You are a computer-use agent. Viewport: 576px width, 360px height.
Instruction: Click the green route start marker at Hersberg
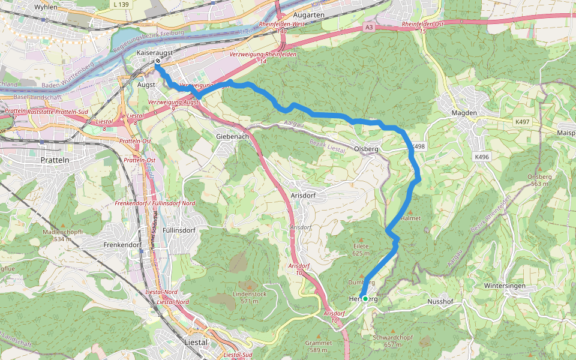click(x=365, y=298)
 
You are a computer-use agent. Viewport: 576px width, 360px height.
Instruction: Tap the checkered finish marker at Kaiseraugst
click(x=158, y=61)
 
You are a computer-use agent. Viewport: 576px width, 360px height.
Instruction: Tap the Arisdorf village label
click(x=302, y=196)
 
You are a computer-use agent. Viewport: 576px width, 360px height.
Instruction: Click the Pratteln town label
click(x=55, y=160)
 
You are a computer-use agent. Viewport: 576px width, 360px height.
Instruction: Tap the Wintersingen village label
click(x=505, y=286)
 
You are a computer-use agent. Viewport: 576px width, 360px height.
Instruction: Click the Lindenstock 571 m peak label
click(x=250, y=298)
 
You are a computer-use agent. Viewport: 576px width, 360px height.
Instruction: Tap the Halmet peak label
click(x=410, y=218)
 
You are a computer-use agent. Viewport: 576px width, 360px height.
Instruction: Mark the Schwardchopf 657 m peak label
click(x=393, y=341)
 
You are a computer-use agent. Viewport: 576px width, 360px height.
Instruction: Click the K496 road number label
click(x=482, y=157)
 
